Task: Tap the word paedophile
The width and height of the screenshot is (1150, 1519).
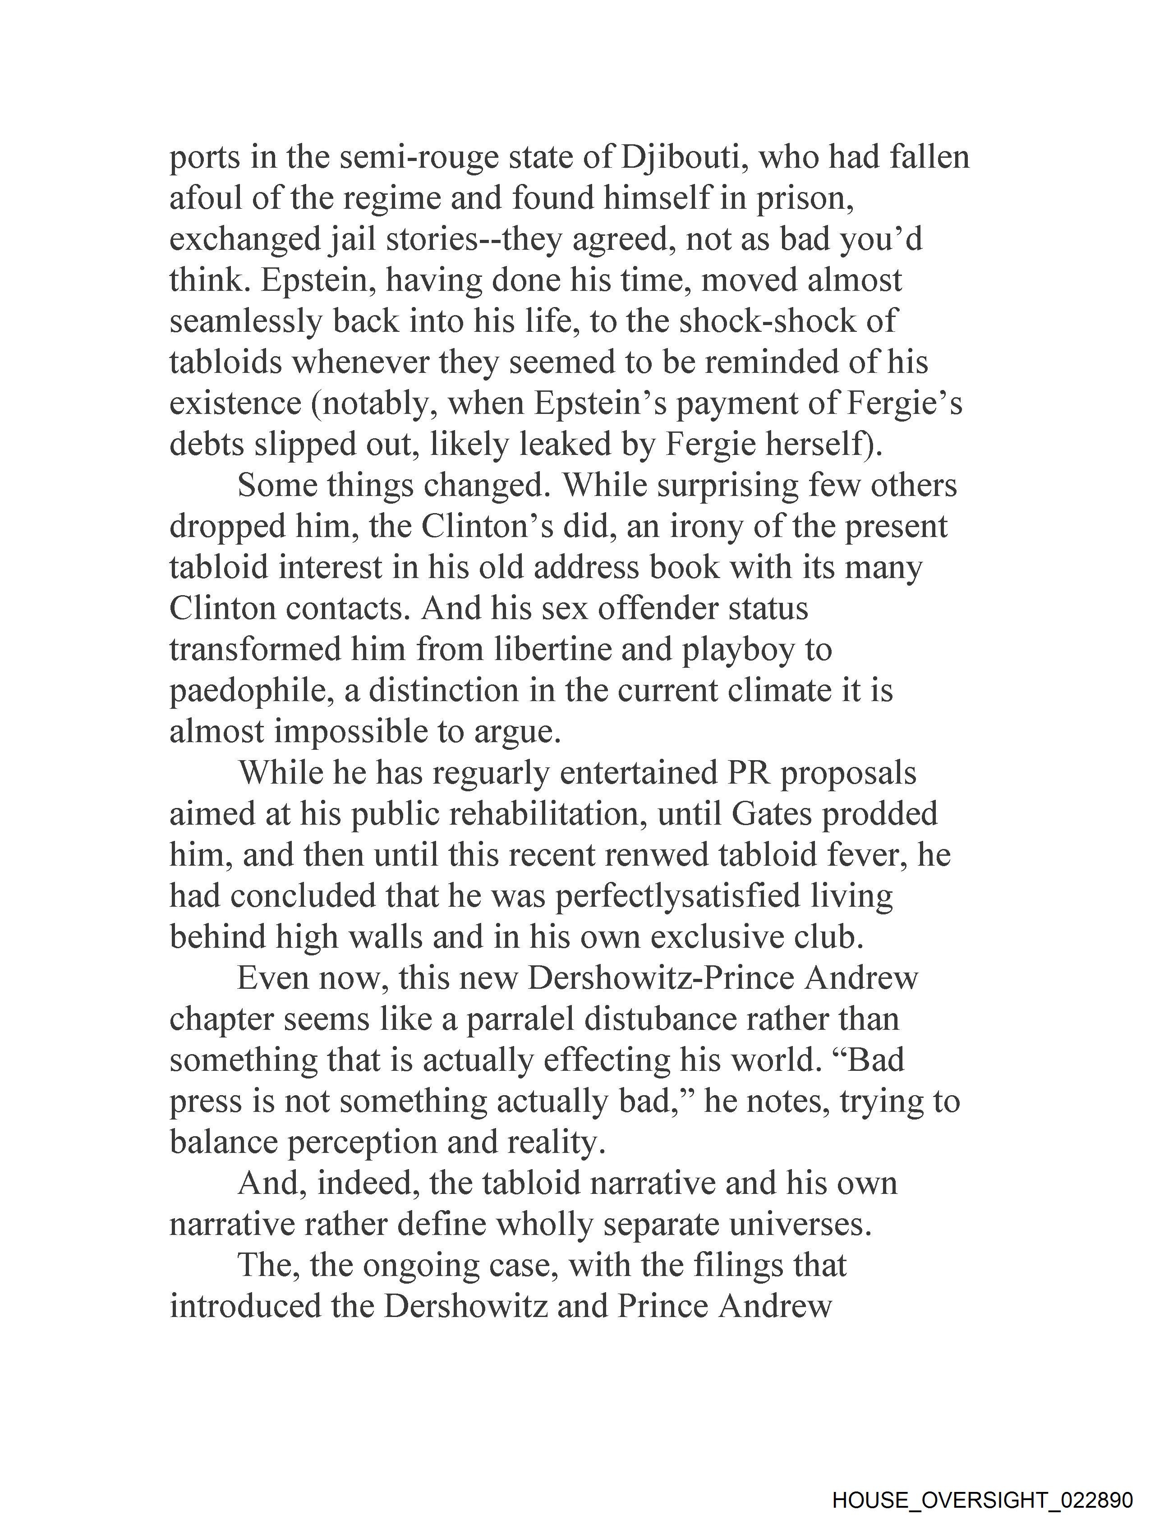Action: pyautogui.click(x=252, y=691)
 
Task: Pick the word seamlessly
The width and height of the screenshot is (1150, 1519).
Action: pyautogui.click(x=245, y=321)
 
